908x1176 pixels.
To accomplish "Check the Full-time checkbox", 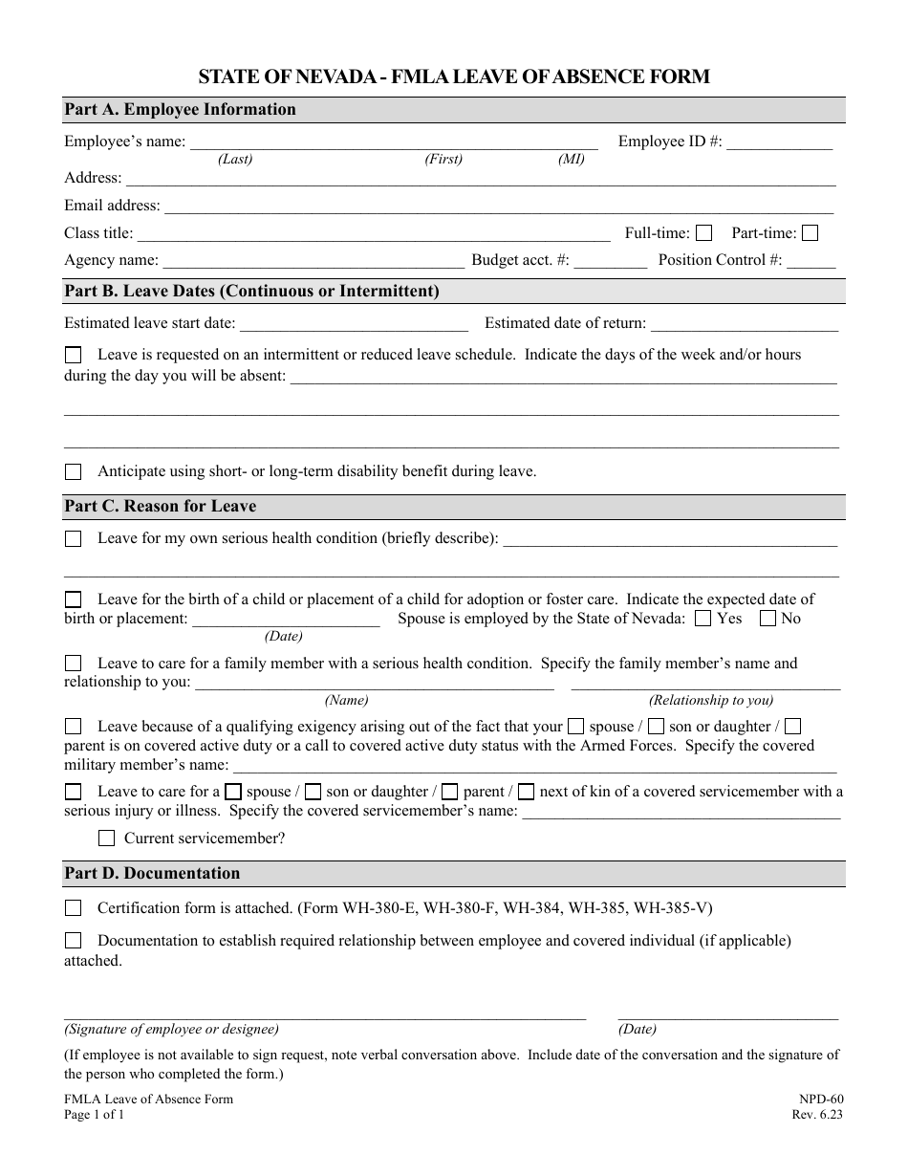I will coord(704,232).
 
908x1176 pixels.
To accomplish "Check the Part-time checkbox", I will coord(810,232).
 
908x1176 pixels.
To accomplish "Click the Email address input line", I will coord(498,207).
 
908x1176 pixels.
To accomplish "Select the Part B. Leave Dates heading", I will coord(251,292).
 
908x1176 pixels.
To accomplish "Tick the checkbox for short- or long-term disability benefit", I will coord(74,471).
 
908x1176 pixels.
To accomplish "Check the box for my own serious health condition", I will coord(74,539).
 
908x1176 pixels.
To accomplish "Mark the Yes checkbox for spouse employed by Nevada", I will coord(703,619).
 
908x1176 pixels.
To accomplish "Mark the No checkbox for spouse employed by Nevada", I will coord(767,619).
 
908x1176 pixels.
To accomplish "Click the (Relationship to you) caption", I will coord(711,701).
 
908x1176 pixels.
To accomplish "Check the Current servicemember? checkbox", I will coord(107,838).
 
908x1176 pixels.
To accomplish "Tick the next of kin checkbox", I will coord(528,792).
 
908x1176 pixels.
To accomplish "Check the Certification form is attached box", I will coord(74,908).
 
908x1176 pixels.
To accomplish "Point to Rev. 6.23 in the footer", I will coord(818,1115).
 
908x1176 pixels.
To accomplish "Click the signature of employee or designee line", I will coord(325,1014).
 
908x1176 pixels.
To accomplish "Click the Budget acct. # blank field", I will coord(611,262).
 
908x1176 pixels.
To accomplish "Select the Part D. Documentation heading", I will coord(152,874).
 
